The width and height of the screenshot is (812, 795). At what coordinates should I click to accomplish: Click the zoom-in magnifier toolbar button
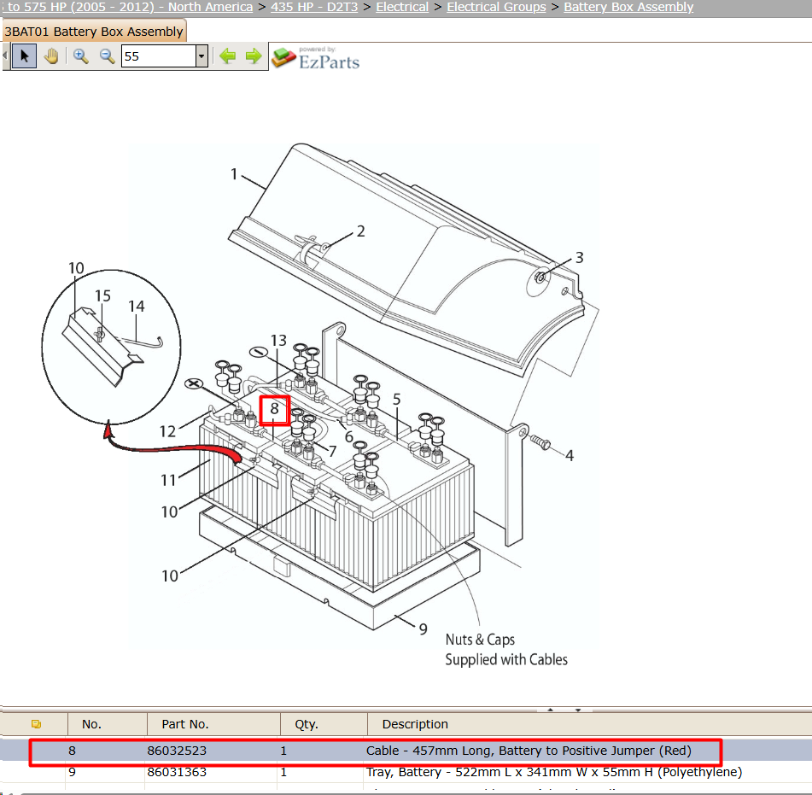(80, 56)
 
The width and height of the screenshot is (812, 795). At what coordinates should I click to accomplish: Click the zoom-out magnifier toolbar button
(108, 56)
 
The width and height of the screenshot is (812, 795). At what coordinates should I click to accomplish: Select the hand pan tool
(51, 56)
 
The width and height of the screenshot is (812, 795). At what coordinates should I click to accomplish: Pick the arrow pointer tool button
(25, 56)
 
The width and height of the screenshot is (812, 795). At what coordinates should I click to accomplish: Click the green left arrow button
(227, 56)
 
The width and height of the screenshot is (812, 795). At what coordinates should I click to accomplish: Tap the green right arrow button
(254, 56)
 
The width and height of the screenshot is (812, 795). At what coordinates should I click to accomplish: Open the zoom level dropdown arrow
(202, 56)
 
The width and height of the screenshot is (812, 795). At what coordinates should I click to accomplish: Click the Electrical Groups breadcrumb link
(496, 7)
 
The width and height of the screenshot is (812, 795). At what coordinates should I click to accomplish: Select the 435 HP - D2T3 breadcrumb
(314, 7)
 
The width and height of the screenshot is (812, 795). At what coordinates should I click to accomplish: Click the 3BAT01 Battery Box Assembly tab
(94, 32)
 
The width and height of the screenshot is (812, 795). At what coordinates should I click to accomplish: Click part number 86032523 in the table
(177, 751)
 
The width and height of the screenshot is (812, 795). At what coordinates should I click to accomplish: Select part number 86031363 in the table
(177, 772)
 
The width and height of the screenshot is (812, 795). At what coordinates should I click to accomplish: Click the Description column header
(415, 724)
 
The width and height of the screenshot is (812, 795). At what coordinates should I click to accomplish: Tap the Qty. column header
(306, 724)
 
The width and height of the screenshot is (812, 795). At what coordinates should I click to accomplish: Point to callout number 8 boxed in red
(274, 409)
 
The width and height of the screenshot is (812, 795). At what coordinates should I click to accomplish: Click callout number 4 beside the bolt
(570, 456)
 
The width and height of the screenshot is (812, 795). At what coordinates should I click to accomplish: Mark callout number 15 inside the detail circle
(102, 295)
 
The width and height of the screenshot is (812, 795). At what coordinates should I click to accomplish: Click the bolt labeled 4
(540, 441)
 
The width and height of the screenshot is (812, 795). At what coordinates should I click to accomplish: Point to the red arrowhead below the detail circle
(108, 430)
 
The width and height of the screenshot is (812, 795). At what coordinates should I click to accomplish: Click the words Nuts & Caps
(480, 640)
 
